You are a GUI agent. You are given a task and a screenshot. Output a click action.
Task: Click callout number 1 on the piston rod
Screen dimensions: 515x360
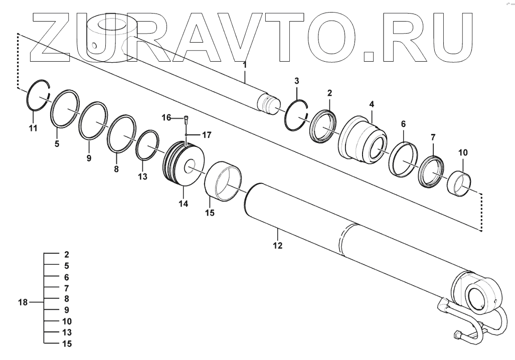(245, 65)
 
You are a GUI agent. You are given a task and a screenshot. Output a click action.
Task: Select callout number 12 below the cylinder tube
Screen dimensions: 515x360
(277, 246)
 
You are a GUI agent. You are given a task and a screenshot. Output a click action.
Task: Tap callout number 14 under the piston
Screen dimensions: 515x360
(183, 204)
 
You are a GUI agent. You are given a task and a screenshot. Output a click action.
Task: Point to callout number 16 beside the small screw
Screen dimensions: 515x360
(166, 117)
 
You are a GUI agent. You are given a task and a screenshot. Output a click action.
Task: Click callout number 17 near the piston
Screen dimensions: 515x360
(207, 134)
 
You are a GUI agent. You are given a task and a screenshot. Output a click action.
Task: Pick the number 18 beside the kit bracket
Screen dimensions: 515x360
(23, 303)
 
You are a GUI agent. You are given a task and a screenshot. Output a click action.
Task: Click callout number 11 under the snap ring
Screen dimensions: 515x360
(33, 128)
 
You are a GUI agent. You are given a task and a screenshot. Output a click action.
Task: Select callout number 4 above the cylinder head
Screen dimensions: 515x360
(371, 104)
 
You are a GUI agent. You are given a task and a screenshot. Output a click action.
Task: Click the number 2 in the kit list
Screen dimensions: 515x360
(66, 255)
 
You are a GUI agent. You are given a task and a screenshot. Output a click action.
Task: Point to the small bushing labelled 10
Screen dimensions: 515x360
(458, 184)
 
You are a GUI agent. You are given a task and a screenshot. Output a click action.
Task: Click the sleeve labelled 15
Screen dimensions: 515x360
(224, 181)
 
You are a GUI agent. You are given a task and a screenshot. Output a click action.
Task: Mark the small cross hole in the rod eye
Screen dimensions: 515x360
(94, 47)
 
